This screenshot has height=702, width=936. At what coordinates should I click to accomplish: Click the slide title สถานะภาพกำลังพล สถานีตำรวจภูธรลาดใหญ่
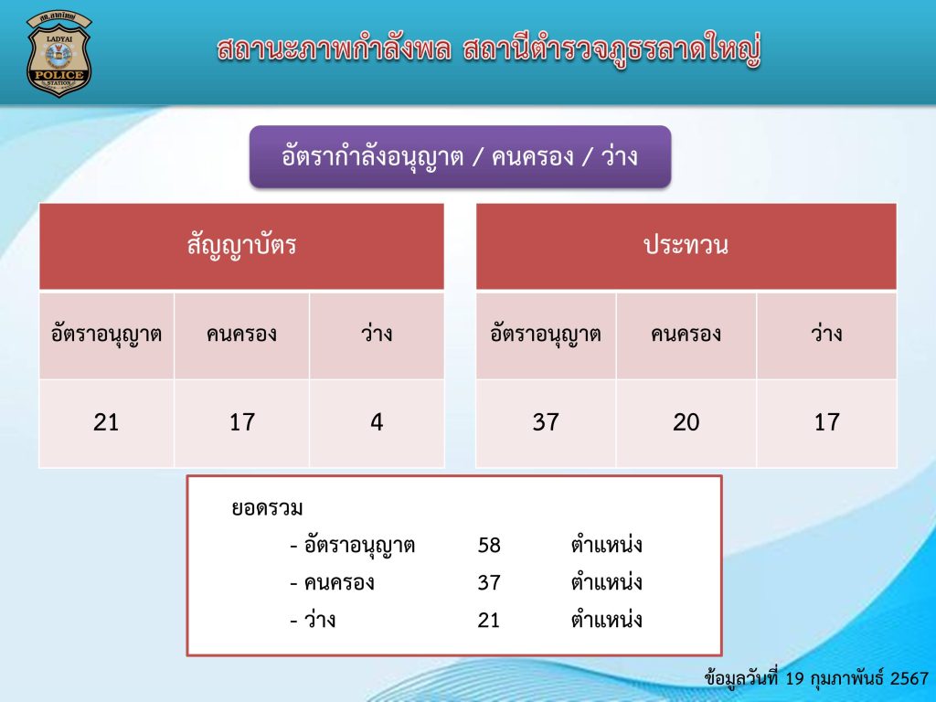[x=489, y=49]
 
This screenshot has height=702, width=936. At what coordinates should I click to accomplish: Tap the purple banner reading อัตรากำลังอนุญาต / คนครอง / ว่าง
[x=460, y=156]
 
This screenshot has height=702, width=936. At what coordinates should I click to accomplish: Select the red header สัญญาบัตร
[x=241, y=246]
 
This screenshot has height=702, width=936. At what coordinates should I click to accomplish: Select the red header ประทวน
[x=686, y=246]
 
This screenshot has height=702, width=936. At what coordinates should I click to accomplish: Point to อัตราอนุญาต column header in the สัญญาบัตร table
[x=106, y=335]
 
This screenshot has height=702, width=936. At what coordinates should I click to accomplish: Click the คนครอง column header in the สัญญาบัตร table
[x=241, y=335]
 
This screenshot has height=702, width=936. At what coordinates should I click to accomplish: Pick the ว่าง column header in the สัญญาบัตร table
[x=377, y=335]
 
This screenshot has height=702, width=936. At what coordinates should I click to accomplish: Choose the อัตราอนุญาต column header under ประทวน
[x=546, y=335]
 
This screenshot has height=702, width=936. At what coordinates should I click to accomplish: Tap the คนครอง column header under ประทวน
[x=686, y=335]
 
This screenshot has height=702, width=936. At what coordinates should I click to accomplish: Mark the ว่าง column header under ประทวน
[x=826, y=335]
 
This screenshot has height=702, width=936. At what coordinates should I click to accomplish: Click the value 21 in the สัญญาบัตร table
[x=106, y=422]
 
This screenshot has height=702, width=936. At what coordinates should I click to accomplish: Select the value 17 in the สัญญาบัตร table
[x=241, y=422]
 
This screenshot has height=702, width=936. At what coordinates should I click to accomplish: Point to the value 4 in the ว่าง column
[x=377, y=422]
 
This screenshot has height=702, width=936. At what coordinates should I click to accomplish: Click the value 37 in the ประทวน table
[x=546, y=422]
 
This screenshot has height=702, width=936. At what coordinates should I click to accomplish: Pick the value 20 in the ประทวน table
[x=686, y=422]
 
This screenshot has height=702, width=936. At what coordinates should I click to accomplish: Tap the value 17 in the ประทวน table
[x=826, y=422]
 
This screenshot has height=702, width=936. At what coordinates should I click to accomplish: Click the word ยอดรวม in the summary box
[x=266, y=508]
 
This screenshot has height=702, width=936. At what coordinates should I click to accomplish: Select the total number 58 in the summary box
[x=489, y=546]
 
